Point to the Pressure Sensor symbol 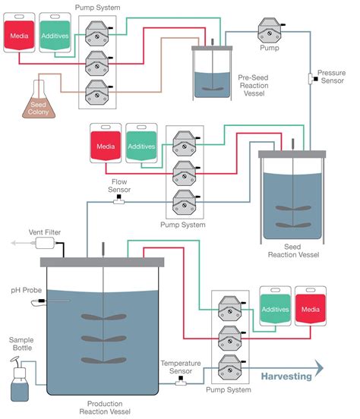coord(311,78)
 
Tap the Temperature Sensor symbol coord(180,382)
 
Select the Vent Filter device coord(47,243)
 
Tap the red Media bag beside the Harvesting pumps coord(311,310)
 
